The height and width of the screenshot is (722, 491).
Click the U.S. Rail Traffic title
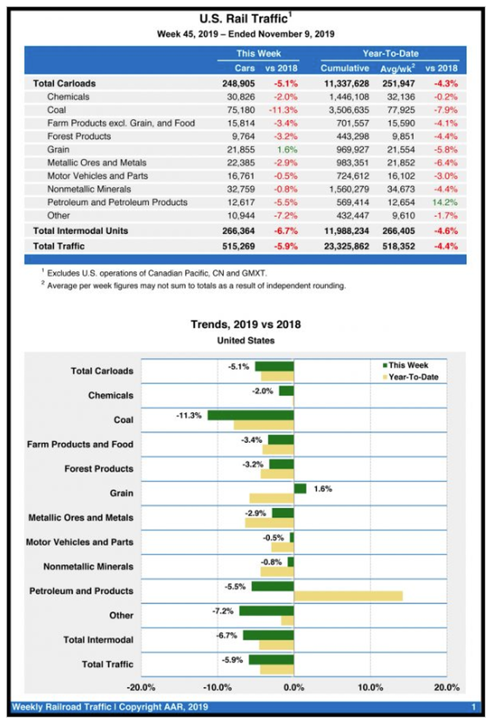click(x=245, y=18)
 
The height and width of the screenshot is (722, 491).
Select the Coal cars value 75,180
click(x=241, y=110)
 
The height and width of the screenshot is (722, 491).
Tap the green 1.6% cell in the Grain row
click(x=287, y=150)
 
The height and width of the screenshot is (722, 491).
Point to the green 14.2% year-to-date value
click(x=445, y=202)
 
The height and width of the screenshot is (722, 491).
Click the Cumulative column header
click(x=344, y=68)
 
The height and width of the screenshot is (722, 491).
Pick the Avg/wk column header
click(x=398, y=68)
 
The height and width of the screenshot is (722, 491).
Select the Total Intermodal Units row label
click(x=80, y=231)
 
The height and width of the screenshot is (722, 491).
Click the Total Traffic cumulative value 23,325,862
click(x=346, y=247)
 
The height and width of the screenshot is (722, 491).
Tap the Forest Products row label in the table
click(x=79, y=136)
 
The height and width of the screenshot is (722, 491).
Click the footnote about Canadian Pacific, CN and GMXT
click(x=154, y=273)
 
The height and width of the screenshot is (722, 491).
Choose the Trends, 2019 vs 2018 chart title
click(x=245, y=324)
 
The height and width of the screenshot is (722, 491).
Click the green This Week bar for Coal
click(x=250, y=415)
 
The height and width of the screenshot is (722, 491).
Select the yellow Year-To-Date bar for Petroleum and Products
click(x=348, y=596)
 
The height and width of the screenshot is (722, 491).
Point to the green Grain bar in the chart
click(x=300, y=488)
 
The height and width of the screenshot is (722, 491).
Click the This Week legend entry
click(x=405, y=365)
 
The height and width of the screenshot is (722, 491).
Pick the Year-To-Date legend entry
click(x=411, y=377)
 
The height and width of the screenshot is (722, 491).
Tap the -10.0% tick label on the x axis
click(x=217, y=688)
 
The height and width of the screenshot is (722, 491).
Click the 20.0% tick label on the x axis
click(x=446, y=688)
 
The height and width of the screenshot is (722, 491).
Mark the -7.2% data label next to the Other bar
click(x=223, y=611)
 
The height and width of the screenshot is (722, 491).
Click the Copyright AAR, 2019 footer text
click(x=163, y=707)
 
